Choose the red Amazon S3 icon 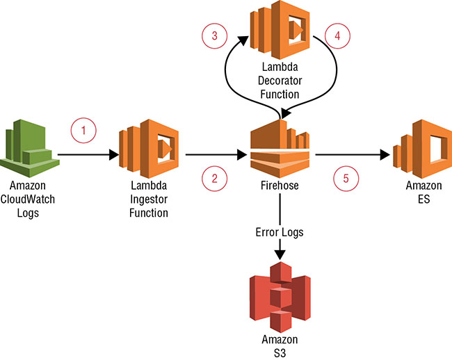[280, 296]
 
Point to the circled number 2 [215, 179]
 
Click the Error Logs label [280, 231]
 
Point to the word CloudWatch [29, 200]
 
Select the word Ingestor [149, 200]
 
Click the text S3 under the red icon [280, 352]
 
